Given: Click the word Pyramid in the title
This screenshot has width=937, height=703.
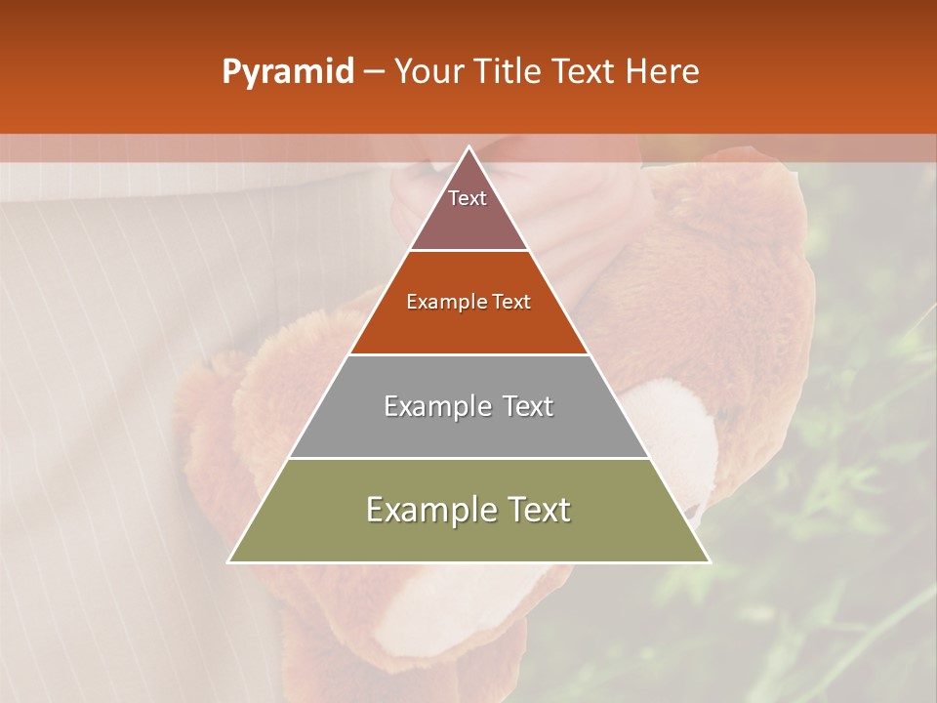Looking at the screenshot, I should coord(288,72).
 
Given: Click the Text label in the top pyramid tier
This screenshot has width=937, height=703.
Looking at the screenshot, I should coord(468,198).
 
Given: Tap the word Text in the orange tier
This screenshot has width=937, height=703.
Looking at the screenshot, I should coord(511,303).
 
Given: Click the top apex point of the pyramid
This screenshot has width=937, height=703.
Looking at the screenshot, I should coord(469,146).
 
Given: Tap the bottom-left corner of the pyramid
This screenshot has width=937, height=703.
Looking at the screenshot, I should coord(229,561).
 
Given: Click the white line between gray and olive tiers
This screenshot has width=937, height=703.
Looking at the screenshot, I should coord(469,458).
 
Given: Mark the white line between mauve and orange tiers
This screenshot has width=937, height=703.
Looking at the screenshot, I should coord(469,251).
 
